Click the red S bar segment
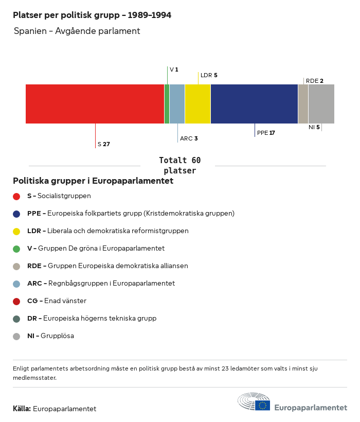coord(95,104)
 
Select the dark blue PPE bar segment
coord(254,104)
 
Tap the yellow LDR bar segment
coord(197,104)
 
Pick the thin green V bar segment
coord(167,104)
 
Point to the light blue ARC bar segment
coord(177,104)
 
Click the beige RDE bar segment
coord(303,104)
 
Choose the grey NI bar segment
coord(321,104)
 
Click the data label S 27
coord(104,145)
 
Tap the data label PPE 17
coord(266,133)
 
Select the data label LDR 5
coord(209,75)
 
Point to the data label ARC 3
coord(189,139)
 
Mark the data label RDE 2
coord(314,81)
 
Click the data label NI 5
coord(314,127)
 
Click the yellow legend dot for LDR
coord(16,231)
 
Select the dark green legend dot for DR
coord(16,319)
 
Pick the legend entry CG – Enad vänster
coord(57,301)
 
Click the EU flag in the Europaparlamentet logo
coord(262,406)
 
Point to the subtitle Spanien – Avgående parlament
coord(77,31)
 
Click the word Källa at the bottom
coord(22,409)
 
